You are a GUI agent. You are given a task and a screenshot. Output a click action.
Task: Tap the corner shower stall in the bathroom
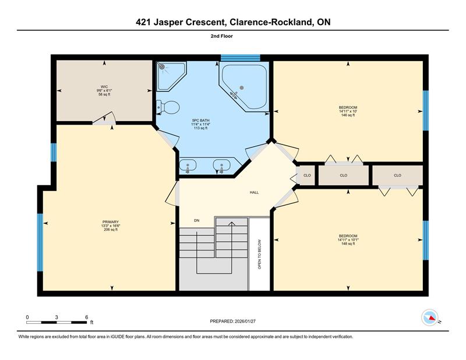point(170,75)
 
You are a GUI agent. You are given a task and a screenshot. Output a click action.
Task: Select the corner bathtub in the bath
point(244,86)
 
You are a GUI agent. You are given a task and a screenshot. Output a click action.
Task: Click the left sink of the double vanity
point(188,165)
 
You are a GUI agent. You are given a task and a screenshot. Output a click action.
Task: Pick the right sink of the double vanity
point(222,165)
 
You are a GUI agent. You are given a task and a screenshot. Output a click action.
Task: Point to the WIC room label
point(104,87)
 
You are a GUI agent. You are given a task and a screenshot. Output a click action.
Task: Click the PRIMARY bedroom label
point(111,222)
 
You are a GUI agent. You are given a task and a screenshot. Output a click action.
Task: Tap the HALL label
point(254,192)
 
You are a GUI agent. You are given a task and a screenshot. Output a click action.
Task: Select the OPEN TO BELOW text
point(259,255)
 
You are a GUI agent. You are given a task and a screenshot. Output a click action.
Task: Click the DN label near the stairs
point(196,220)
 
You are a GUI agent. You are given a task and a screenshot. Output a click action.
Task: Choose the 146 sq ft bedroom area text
point(348,115)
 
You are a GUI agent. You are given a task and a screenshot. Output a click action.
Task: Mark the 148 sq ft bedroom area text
point(348,243)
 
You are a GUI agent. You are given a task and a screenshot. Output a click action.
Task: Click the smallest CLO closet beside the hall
point(307,175)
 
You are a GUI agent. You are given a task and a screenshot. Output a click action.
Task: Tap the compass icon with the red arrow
point(430,317)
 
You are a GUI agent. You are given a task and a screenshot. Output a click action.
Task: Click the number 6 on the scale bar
point(86,317)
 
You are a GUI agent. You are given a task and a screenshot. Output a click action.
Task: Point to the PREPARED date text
point(232,321)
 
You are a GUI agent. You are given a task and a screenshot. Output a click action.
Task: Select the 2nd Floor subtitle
point(222,36)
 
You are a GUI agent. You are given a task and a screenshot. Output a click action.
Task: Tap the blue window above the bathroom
point(241,58)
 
